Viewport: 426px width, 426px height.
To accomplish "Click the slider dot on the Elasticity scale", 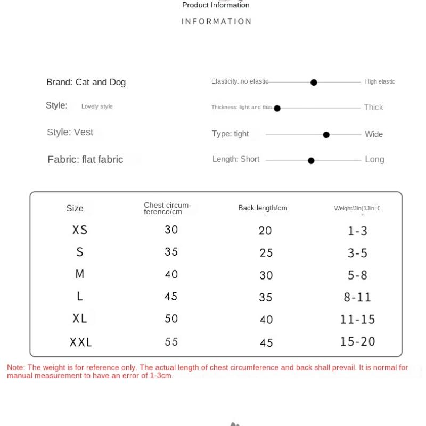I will (314, 83).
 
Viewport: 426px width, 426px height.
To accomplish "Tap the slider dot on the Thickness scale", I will (277, 108).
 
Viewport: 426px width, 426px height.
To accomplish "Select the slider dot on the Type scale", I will (326, 135).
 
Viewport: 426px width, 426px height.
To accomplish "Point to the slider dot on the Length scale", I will (311, 160).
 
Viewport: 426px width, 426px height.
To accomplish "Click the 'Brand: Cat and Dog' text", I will (86, 82).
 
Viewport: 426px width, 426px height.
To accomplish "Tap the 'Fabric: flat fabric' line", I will (85, 159).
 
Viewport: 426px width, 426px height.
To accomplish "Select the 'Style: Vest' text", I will (70, 132).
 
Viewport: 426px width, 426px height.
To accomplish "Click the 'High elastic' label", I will (380, 81).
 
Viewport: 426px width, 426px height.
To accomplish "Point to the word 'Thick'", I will (373, 107).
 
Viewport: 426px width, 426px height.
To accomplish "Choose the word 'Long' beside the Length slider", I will (374, 159).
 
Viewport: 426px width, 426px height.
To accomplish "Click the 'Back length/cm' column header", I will (263, 208).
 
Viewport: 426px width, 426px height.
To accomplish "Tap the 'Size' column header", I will (75, 208).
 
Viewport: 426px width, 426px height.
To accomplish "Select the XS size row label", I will (80, 230).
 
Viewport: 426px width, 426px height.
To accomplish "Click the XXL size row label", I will (81, 342).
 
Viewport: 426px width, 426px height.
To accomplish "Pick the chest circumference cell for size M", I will (171, 274).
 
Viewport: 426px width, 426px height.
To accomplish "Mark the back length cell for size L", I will (266, 297).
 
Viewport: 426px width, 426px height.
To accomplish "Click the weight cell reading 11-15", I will (357, 319).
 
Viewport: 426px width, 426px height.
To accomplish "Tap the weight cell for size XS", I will (357, 231).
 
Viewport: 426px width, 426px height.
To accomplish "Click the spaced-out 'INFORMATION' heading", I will (216, 21).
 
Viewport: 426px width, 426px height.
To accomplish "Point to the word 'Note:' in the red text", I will (16, 367).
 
